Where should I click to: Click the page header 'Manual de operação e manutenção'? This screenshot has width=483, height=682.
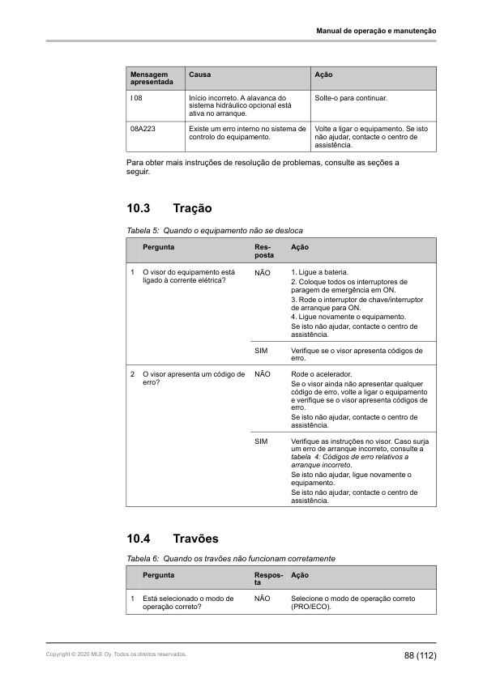pyautogui.click(x=376, y=31)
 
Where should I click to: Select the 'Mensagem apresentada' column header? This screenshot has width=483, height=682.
pyautogui.click(x=152, y=78)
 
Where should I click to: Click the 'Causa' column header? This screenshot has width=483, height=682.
pyautogui.click(x=199, y=75)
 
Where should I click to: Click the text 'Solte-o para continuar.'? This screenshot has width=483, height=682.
pyautogui.click(x=351, y=98)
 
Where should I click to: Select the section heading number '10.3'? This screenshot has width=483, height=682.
pyautogui.click(x=139, y=209)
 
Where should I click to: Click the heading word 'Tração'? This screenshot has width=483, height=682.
pyautogui.click(x=193, y=209)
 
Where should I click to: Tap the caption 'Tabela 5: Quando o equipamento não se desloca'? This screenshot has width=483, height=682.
pyautogui.click(x=210, y=231)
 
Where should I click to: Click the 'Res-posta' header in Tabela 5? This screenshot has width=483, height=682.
pyautogui.click(x=263, y=250)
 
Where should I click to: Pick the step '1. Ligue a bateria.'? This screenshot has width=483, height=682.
pyautogui.click(x=321, y=272)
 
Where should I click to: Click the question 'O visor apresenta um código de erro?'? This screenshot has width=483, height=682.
pyautogui.click(x=193, y=378)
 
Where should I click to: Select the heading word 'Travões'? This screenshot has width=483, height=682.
pyautogui.click(x=195, y=539)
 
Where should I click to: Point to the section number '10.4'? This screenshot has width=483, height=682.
pyautogui.click(x=139, y=539)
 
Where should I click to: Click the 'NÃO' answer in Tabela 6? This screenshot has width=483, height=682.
pyautogui.click(x=262, y=599)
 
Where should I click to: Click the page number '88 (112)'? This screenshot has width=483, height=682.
pyautogui.click(x=421, y=654)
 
